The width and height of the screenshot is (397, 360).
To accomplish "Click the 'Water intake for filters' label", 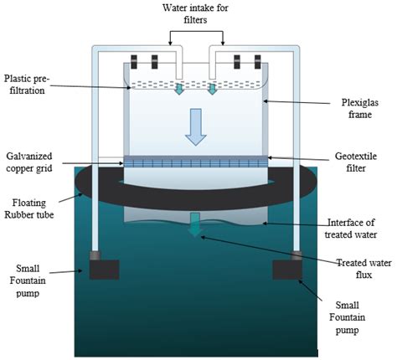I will click(199, 14).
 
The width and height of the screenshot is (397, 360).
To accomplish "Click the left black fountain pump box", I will click(98, 268).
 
